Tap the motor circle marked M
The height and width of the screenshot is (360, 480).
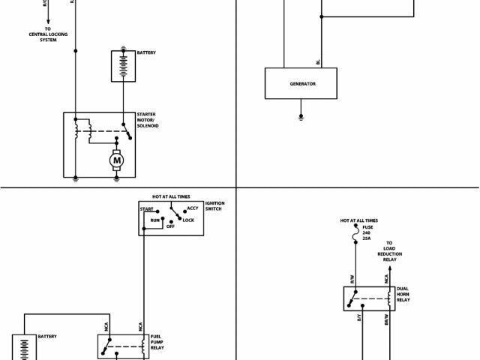116,159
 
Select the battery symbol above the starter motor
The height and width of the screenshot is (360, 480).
121,66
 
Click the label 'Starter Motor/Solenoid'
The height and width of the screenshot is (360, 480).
148,120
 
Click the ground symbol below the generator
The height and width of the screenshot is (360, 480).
301,117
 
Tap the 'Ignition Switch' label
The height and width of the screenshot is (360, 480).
215,205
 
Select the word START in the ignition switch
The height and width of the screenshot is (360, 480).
148,210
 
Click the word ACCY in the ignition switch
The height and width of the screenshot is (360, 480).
193,208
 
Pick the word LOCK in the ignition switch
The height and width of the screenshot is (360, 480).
188,220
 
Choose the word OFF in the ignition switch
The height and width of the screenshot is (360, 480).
170,226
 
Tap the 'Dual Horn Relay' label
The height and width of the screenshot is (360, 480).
403,293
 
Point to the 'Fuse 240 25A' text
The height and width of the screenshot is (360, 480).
367,232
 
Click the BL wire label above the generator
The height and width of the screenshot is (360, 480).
318,61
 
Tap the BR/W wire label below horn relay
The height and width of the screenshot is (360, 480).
386,319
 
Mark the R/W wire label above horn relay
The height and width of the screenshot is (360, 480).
352,279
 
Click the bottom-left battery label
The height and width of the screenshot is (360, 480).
47,337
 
